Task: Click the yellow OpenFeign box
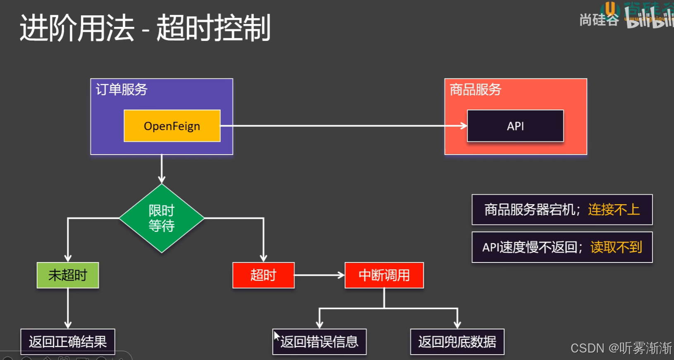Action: pos(172,126)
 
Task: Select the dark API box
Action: pos(515,126)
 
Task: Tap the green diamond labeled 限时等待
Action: pos(162,218)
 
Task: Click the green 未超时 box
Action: pos(68,275)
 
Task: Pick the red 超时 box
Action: pos(263,275)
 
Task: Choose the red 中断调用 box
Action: pos(384,275)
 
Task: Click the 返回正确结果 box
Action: pos(68,342)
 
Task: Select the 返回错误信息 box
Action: pos(320,342)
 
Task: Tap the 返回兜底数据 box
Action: pos(457,342)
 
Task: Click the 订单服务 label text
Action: pos(122,89)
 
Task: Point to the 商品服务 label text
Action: pos(476,89)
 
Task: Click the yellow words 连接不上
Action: pos(614,210)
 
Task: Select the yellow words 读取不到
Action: pos(616,247)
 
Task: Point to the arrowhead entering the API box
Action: pos(464,126)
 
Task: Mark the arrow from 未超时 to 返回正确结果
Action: pos(68,308)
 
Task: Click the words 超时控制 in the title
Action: pos(213,28)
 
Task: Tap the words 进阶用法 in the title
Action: pos(77,28)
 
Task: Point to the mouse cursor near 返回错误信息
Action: pos(276,335)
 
